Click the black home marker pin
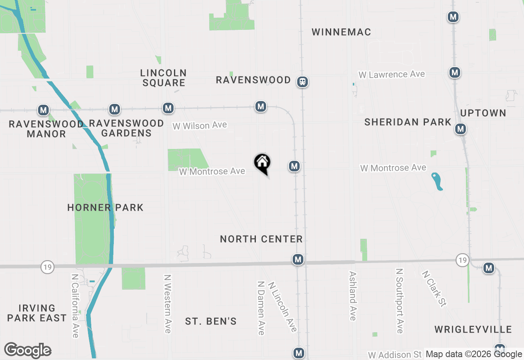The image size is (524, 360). point(262,163)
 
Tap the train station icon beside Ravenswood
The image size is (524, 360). point(303,82)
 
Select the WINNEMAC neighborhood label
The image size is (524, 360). point(341,32)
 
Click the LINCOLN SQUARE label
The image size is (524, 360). point(163,78)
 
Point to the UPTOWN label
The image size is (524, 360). point(483,113)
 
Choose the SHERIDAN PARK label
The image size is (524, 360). point(408,122)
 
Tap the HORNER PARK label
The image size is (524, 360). point(105,207)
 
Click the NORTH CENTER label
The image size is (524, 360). point(261,239)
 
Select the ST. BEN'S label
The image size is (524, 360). point(211,321)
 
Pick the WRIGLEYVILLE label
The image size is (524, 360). point(473,329)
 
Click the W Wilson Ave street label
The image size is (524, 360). point(199,125)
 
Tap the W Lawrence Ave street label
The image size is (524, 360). point(392,74)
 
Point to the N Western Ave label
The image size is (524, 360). point(167,303)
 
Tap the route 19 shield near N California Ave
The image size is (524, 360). point(47,268)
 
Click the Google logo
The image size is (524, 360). point(27,350)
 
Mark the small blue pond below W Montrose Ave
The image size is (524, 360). point(437,181)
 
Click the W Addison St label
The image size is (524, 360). point(395,354)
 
